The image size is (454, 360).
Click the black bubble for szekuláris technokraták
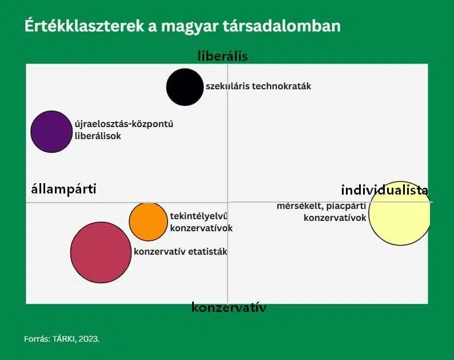click(x=185, y=87)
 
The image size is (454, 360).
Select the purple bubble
click(x=51, y=132)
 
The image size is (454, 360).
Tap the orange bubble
click(x=148, y=221)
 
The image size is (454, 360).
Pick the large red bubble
click(x=101, y=252)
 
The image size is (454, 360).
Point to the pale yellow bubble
click(x=400, y=213)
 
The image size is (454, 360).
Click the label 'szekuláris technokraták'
click(x=258, y=86)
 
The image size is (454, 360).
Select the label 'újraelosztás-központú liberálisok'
click(x=124, y=130)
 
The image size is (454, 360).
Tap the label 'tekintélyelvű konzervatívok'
click(x=201, y=222)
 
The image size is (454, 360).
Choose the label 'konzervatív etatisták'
click(x=180, y=251)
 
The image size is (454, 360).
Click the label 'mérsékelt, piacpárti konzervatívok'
click(x=321, y=212)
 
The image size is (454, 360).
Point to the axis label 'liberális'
click(x=222, y=56)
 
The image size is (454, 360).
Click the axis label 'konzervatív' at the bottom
click(x=229, y=307)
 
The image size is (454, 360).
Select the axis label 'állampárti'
click(x=63, y=189)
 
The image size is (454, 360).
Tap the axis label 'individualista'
click(x=384, y=190)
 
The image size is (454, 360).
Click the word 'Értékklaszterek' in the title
click(x=84, y=26)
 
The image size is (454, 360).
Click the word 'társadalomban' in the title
click(x=282, y=26)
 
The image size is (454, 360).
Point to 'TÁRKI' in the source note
click(x=63, y=339)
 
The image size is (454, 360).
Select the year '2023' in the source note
click(x=88, y=339)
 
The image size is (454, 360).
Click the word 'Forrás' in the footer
click(x=37, y=339)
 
